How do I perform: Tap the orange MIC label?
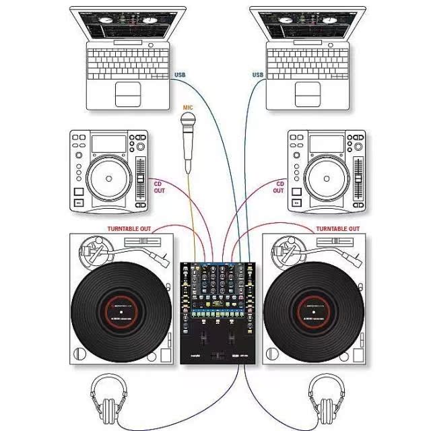189,107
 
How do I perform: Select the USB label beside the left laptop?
180,75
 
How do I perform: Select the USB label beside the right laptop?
257,75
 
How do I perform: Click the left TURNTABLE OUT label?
129,229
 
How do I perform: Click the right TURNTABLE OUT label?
337,229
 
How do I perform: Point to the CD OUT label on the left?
158,187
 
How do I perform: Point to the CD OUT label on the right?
279,187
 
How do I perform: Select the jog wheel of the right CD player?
327,179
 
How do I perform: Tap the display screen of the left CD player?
109,143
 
